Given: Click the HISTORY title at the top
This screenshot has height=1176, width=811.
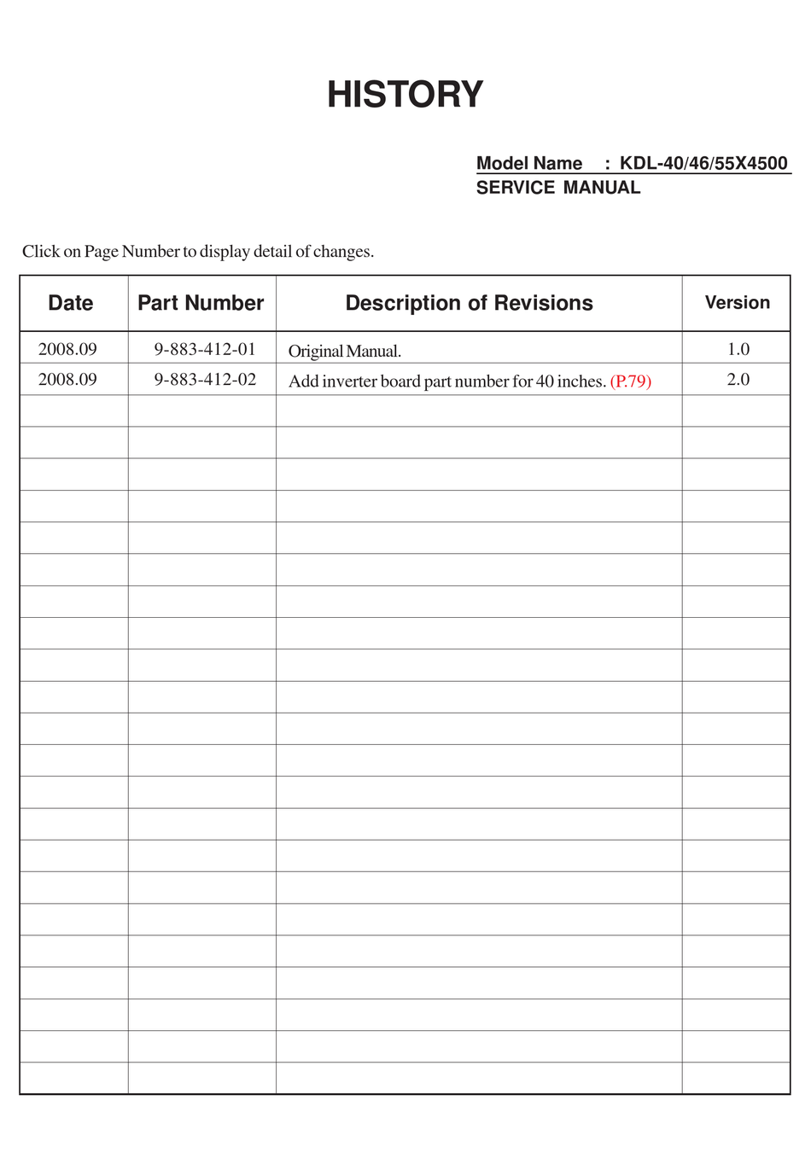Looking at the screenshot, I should pos(405,95).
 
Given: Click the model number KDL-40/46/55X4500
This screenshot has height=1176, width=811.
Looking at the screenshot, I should pos(703,163).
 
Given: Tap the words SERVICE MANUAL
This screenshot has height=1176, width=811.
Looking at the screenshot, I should pos(557,188).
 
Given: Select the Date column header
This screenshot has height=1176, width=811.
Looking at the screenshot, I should pos(71,303).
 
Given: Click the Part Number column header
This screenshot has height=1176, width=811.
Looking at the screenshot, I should pos(201,303).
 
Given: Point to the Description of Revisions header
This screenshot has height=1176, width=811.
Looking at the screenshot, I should pos(469,303).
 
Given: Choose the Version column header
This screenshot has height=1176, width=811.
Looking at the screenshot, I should pos(737,303).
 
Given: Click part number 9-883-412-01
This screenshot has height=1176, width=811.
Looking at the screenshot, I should pos(205,349).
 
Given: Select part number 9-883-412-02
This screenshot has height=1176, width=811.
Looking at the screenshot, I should pos(205,380).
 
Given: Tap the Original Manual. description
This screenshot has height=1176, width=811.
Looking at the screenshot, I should pos(345,351).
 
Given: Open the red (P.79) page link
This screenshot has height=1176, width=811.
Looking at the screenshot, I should pos(631,381).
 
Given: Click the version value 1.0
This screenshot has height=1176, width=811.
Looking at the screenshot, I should pos(738,349).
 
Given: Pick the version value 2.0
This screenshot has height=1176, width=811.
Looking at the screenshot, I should pos(738,380).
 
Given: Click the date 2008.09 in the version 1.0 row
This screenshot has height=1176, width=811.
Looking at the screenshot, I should pos(67,349).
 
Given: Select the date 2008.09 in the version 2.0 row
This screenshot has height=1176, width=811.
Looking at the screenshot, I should pos(67,380).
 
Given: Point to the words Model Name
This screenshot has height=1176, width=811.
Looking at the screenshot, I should pos(529,163).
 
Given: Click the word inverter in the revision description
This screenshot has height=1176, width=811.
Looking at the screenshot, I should pos(349,381).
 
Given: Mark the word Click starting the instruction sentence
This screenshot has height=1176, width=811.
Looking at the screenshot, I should pos(40,252).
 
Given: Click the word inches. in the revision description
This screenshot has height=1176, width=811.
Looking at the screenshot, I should pos(582,381).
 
